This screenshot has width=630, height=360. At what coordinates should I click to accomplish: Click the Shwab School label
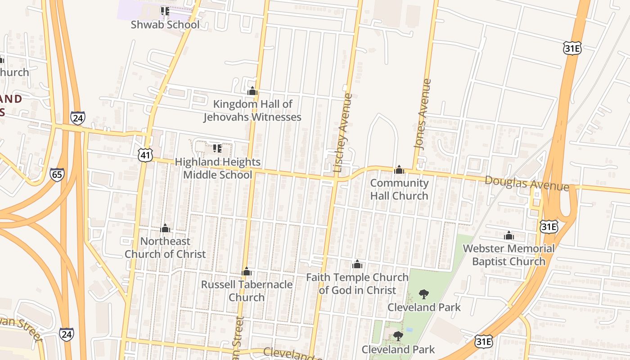pos(165,24)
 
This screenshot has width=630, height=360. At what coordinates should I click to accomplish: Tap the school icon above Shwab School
pos(165,11)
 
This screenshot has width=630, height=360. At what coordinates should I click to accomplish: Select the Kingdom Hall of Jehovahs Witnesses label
pos(252,111)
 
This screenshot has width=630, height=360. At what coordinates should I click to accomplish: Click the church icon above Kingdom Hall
pos(252,91)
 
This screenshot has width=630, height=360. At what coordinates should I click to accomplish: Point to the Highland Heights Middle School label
pos(217,168)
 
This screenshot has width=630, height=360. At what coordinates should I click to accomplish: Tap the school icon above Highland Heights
pos(217,148)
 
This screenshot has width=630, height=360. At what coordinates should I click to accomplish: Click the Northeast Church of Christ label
pos(165,247)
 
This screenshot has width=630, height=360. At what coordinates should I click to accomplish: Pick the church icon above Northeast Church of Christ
pos(165,228)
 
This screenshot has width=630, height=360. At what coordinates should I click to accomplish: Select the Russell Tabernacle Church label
pos(247,291)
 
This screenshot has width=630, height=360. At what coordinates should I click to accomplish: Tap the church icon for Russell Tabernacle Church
pos(246,271)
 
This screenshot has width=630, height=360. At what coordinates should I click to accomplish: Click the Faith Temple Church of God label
pos(357,283)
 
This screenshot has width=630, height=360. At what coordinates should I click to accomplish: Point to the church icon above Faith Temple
pos(357,264)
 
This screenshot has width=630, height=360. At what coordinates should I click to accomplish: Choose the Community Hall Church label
pos(399,189)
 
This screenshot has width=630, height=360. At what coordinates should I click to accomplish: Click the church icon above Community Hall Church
pos(399,170)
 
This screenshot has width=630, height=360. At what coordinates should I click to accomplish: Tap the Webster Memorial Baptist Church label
pos(508,255)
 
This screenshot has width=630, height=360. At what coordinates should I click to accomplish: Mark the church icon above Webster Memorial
pos(509,235)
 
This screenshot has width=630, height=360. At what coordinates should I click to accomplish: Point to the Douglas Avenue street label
pos(526,183)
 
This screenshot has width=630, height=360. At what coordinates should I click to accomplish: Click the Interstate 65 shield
pos(57,175)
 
